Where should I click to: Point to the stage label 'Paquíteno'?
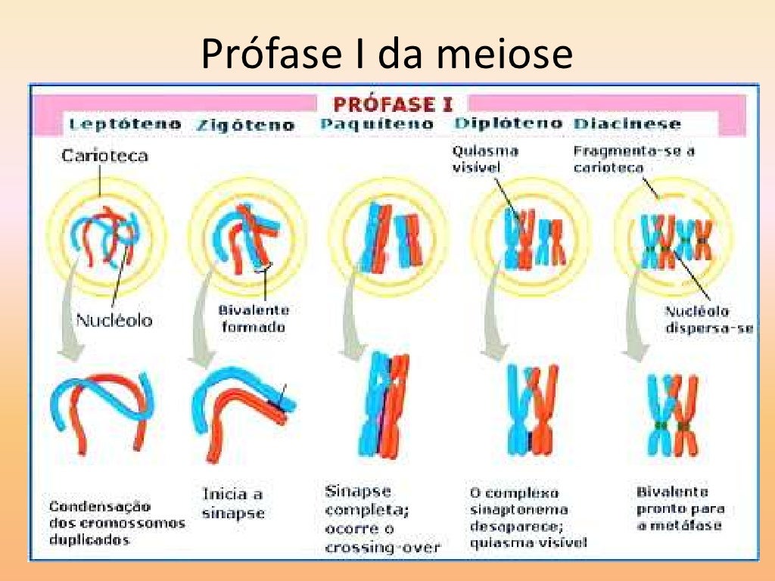click(377, 124)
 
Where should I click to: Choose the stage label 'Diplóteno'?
click(508, 123)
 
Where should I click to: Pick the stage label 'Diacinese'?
click(627, 124)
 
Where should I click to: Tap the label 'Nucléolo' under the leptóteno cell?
click(114, 320)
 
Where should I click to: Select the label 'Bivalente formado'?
click(254, 318)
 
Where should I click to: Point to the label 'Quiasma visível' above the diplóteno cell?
click(485, 158)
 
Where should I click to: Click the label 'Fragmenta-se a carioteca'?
click(634, 158)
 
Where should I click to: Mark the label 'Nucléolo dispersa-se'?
click(708, 319)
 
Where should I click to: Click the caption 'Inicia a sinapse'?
click(233, 503)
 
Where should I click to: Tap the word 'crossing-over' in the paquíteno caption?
click(382, 547)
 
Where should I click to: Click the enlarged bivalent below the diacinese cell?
click(671, 416)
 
